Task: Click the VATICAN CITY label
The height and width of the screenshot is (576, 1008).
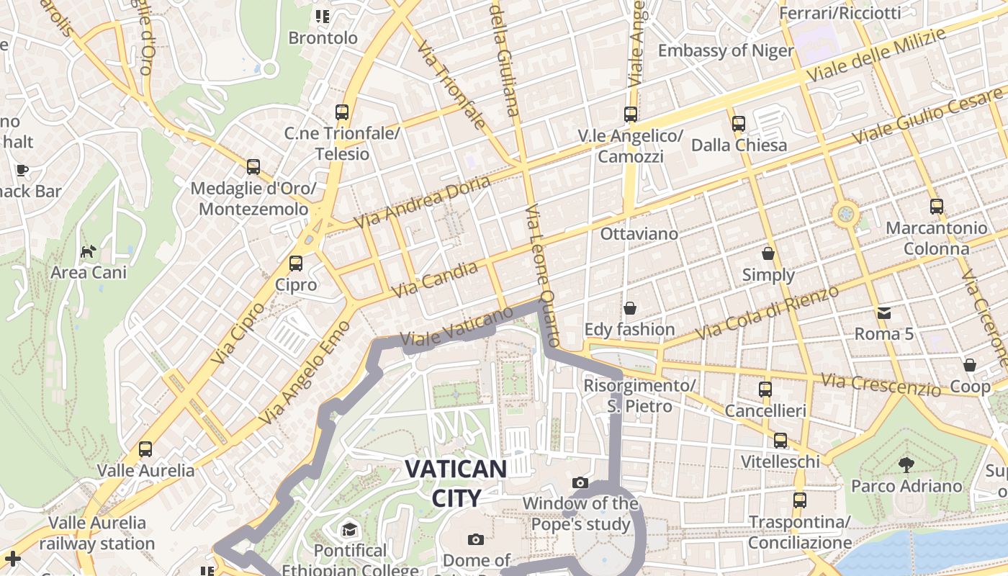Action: pos(456,483)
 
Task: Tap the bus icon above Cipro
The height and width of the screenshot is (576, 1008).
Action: pos(296,264)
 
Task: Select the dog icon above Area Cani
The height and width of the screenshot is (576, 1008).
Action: pos(88,252)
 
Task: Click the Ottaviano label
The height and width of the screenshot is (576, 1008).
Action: pos(639,234)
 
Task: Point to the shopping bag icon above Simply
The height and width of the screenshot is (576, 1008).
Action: pos(768,253)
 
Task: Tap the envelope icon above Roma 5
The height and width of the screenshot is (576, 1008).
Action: pos(883,313)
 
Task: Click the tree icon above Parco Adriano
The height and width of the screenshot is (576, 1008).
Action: pos(906,464)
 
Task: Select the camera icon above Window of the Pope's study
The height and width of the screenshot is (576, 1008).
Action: pos(580,482)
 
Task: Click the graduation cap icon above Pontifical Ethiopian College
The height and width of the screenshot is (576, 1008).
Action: pos(349,530)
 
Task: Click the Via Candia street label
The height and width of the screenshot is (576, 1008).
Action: pos(435,281)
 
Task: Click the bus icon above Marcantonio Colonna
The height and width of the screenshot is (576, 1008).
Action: pos(936,207)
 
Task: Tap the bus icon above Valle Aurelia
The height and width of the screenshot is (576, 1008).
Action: pos(145,449)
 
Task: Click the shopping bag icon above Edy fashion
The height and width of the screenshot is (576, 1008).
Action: pos(630,308)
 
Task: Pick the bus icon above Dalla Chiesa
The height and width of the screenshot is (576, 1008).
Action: pos(739,124)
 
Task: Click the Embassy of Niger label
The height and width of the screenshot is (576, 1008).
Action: pos(726,50)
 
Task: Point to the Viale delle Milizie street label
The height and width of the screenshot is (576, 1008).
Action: pos(876,55)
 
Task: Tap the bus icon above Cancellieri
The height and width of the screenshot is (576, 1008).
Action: pos(765,390)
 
